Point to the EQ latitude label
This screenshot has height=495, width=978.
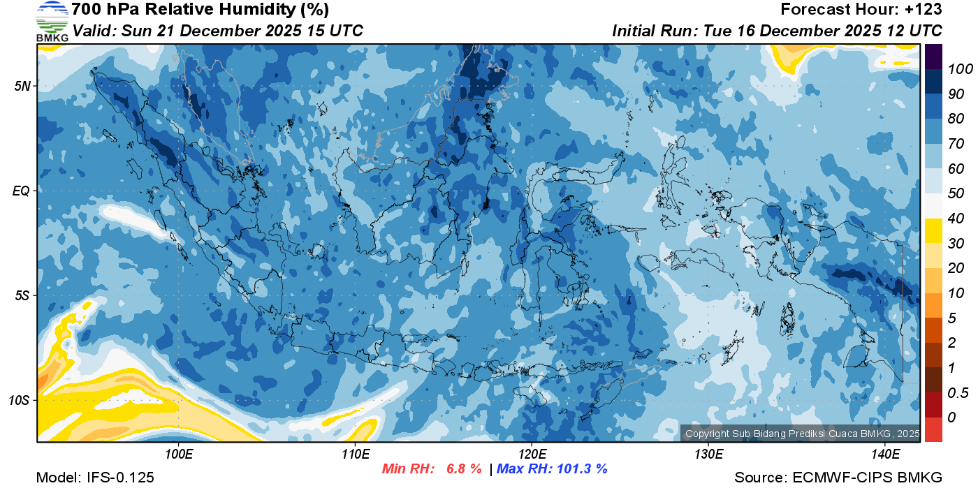click(21, 191)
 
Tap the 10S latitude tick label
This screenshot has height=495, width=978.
click(19, 400)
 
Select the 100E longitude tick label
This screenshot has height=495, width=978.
click(179, 455)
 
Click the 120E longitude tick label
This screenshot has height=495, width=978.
click(532, 455)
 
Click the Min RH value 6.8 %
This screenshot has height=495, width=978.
click(464, 469)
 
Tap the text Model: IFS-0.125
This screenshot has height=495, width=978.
click(95, 478)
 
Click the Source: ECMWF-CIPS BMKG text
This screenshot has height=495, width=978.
click(838, 478)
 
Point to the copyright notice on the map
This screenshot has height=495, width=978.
click(802, 434)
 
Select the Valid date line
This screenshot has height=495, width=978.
click(218, 31)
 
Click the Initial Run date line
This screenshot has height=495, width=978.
click(777, 31)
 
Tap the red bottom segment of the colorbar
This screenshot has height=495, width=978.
click(933, 429)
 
